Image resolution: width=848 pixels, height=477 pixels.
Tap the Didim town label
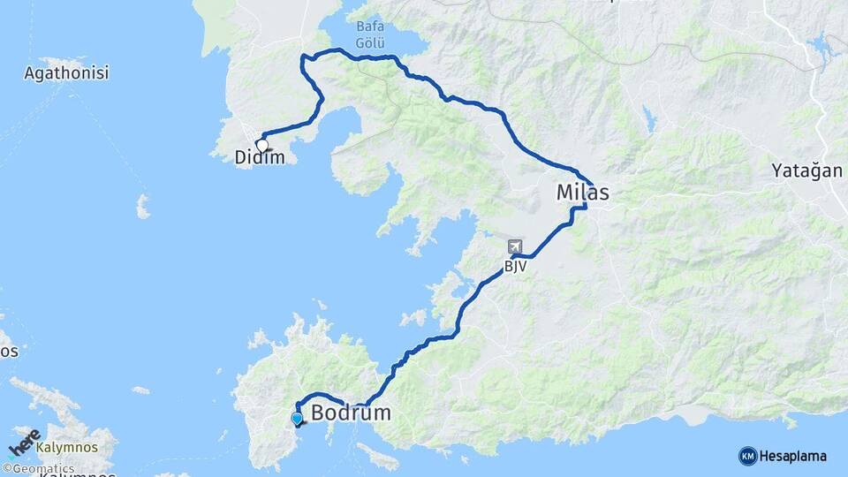tap(260, 158)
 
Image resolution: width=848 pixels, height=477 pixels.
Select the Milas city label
tap(582, 193)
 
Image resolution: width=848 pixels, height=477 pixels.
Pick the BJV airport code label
tap(515, 265)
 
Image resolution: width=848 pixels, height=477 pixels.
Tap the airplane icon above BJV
tap(515, 247)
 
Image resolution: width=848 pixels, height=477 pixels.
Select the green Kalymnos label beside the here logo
tap(67, 448)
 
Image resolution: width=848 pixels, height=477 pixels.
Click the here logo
tap(24, 442)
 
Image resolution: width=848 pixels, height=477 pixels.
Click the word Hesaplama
tap(793, 456)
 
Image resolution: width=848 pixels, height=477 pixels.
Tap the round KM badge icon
tap(747, 456)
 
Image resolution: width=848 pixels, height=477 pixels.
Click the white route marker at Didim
tap(262, 146)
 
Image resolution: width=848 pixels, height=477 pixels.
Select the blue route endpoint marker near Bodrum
tap(297, 419)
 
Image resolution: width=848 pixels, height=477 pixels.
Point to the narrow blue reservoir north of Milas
tap(650, 118)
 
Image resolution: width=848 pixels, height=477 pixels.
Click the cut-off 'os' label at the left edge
tap(8, 351)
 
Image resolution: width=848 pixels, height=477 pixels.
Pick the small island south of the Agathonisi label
tap(143, 207)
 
